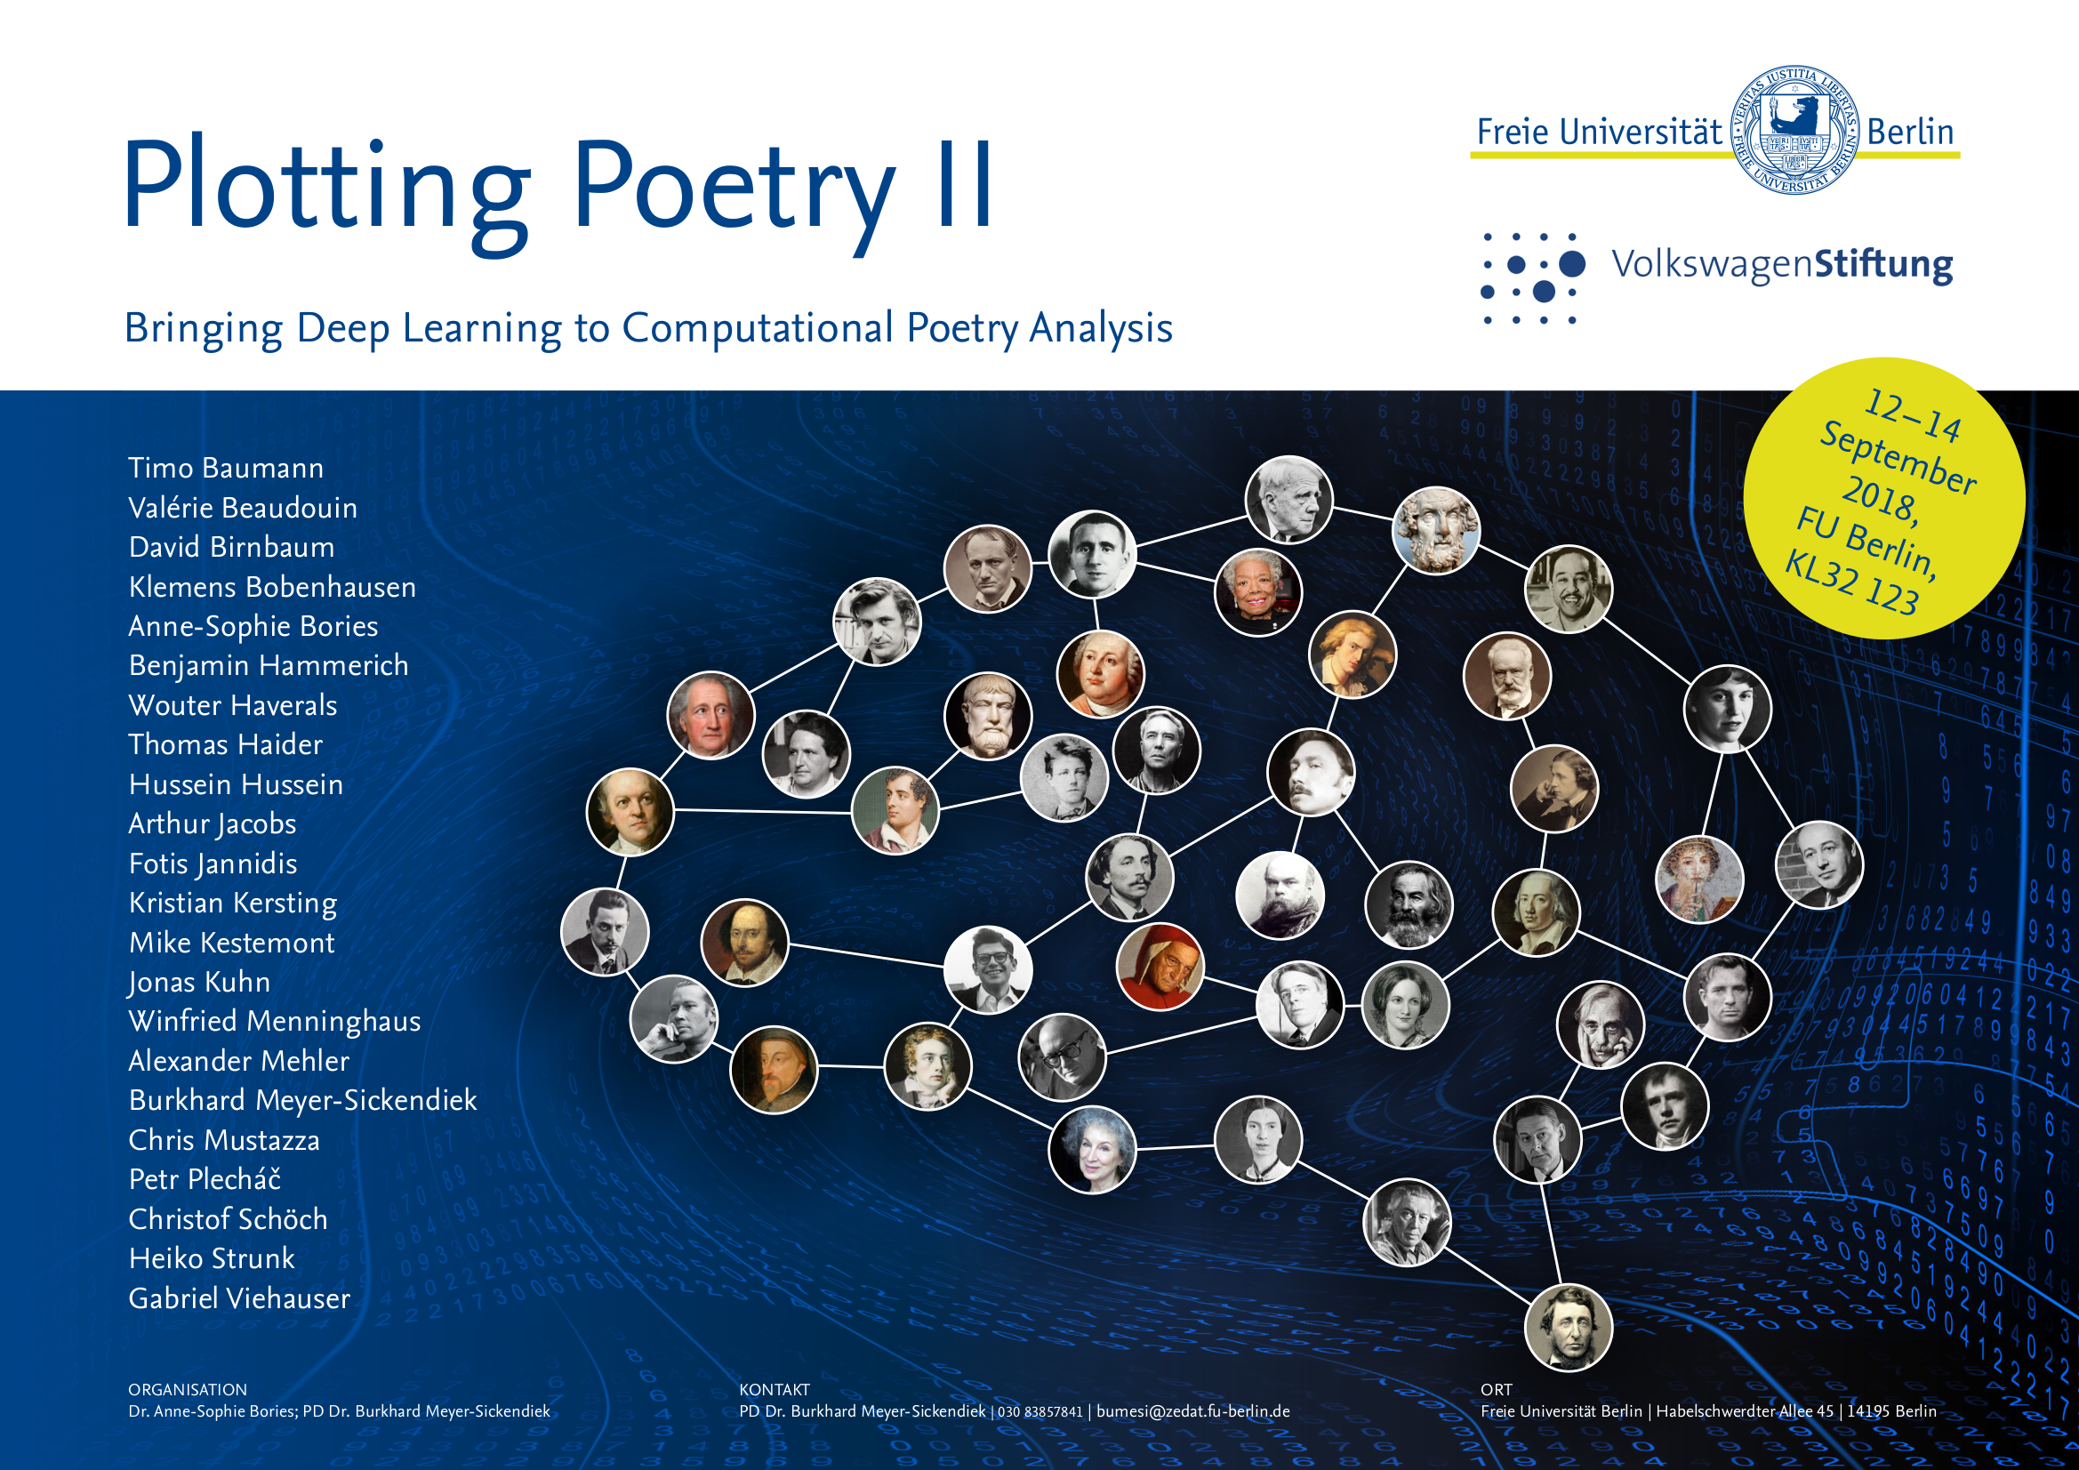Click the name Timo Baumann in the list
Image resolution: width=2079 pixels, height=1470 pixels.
pyautogui.click(x=226, y=469)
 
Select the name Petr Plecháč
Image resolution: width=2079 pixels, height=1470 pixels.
pyautogui.click(x=205, y=1179)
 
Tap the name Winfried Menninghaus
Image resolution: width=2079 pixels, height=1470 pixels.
pyautogui.click(x=275, y=1022)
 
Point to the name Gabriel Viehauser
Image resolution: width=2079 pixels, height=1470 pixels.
pyautogui.click(x=239, y=1299)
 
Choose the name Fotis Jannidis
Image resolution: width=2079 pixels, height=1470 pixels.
pyautogui.click(x=213, y=864)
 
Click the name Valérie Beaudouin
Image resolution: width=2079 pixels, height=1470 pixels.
pyautogui.click(x=243, y=508)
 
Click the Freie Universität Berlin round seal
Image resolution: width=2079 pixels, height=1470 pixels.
pyautogui.click(x=1794, y=130)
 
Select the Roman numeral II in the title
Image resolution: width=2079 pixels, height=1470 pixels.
pyautogui.click(x=967, y=184)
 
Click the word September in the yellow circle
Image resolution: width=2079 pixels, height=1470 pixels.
pyautogui.click(x=1898, y=458)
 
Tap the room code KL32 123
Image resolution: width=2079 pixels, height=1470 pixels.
pyautogui.click(x=1851, y=583)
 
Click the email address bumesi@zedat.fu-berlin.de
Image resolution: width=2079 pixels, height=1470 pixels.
pyautogui.click(x=1192, y=1411)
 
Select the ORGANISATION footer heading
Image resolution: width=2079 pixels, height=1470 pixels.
pyautogui.click(x=188, y=1389)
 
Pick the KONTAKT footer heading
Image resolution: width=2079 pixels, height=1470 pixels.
pyautogui.click(x=775, y=1389)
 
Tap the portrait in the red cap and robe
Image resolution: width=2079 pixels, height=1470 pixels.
pyautogui.click(x=1160, y=967)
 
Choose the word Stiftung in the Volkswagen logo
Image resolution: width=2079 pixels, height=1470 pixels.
pyautogui.click(x=1883, y=264)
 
